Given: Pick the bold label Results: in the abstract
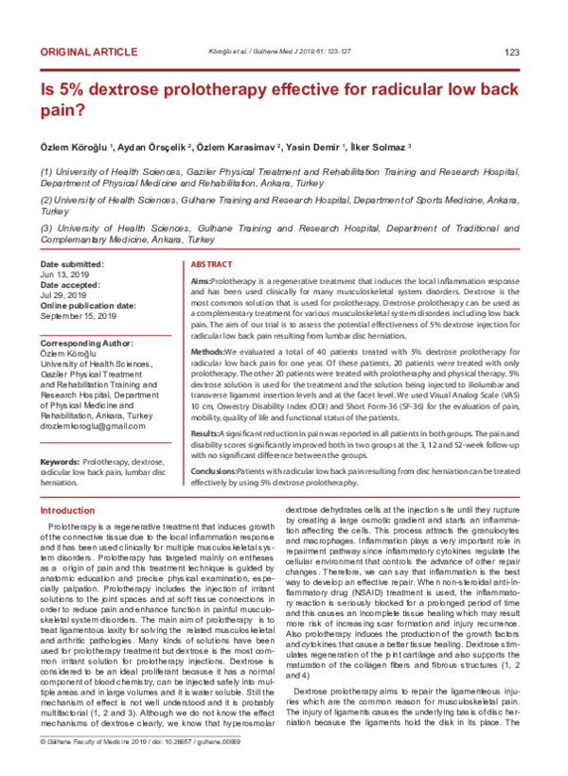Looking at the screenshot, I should coord(206,431).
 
